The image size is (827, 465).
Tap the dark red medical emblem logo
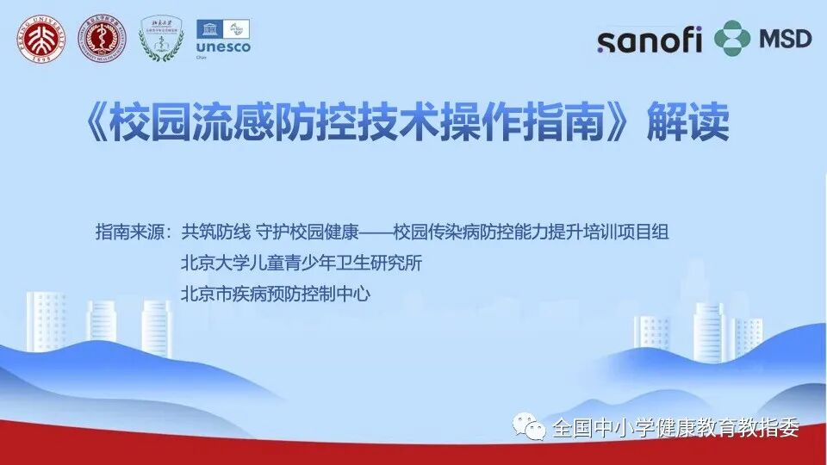(x=102, y=39)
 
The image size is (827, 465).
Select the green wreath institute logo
(x=162, y=39)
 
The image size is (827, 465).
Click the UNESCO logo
(x=223, y=38)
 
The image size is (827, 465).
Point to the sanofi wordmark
(x=650, y=39)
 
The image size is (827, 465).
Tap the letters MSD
(x=785, y=39)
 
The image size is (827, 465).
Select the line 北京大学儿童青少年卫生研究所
(x=302, y=263)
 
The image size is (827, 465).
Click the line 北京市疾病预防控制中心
(x=276, y=294)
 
